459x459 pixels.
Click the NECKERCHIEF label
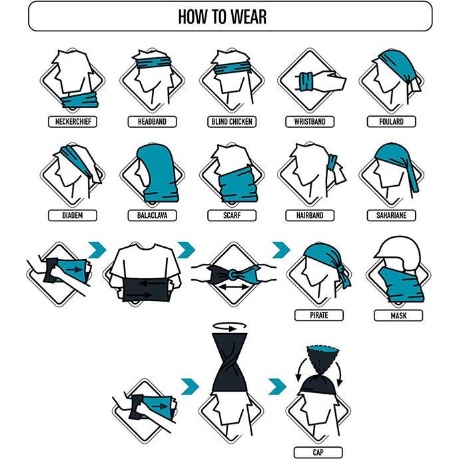tap(73, 121)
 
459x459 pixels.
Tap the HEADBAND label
tap(152, 121)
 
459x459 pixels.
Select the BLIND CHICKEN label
tap(232, 121)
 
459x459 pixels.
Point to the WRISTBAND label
tap(310, 121)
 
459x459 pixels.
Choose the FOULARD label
tap(391, 121)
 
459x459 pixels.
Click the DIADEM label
tap(73, 215)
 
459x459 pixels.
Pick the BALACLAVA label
tap(152, 215)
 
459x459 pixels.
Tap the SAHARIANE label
tap(391, 215)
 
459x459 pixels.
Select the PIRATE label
tap(319, 315)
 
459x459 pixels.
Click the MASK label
tap(398, 316)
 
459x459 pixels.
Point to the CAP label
tap(318, 452)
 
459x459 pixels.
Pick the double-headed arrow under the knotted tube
tap(233, 288)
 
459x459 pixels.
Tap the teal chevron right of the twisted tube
tap(277, 386)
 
